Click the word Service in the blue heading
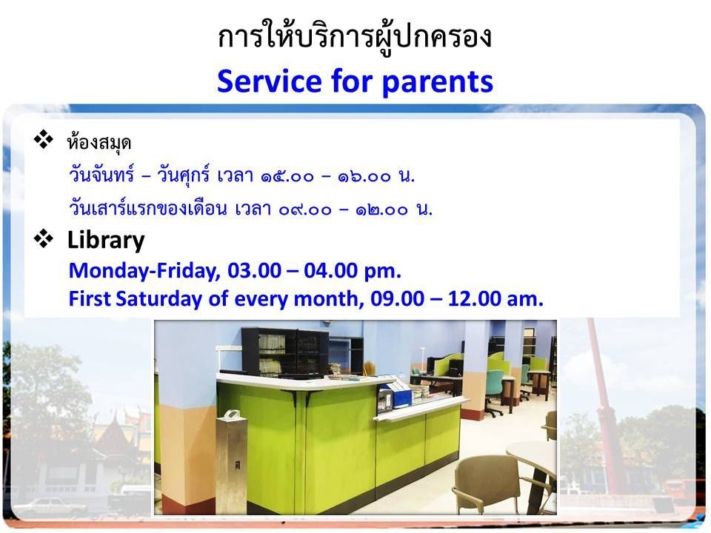[270, 81]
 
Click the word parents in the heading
[438, 83]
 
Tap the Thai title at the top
[355, 37]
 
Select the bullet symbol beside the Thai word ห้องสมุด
[44, 139]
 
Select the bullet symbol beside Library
[44, 238]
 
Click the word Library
[106, 240]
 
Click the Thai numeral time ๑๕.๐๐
[287, 176]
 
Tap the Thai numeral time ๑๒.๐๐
[382, 209]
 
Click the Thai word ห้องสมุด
[99, 142]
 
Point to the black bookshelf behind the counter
[285, 353]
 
